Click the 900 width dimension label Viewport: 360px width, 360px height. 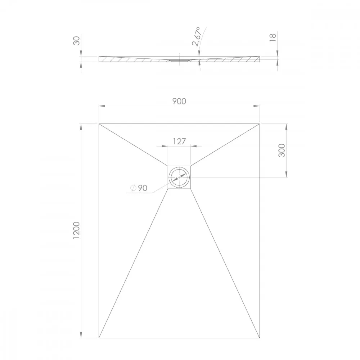[x=179, y=101]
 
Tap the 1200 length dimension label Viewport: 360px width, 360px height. [x=76, y=230]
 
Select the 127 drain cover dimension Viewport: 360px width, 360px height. [x=179, y=141]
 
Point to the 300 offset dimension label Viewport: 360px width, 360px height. [x=282, y=150]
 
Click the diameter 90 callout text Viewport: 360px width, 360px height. [x=139, y=188]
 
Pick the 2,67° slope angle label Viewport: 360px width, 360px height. [x=197, y=37]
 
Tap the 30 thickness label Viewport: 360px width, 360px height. [x=76, y=41]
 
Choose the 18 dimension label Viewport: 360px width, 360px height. [x=273, y=37]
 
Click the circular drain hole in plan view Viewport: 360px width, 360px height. [x=179, y=177]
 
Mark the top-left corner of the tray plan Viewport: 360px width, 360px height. [x=99, y=124]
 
